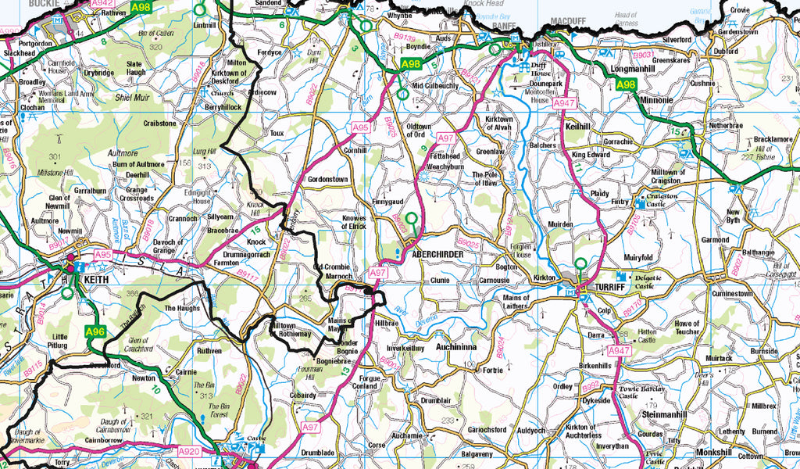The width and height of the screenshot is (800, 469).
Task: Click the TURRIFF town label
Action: coord(611,288)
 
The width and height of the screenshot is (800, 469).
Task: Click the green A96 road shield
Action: coord(95,331)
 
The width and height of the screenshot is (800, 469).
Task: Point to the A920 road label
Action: coord(190,451)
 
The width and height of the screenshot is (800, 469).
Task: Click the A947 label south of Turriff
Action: coord(619,351)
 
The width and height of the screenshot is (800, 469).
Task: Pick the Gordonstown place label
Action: coord(329,178)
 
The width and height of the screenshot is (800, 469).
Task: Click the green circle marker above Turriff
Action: coord(580,263)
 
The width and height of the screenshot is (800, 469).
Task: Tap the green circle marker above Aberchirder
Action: coord(411,217)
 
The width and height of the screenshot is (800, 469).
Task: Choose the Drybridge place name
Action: coord(99,73)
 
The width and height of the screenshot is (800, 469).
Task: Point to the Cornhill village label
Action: coord(355,150)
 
